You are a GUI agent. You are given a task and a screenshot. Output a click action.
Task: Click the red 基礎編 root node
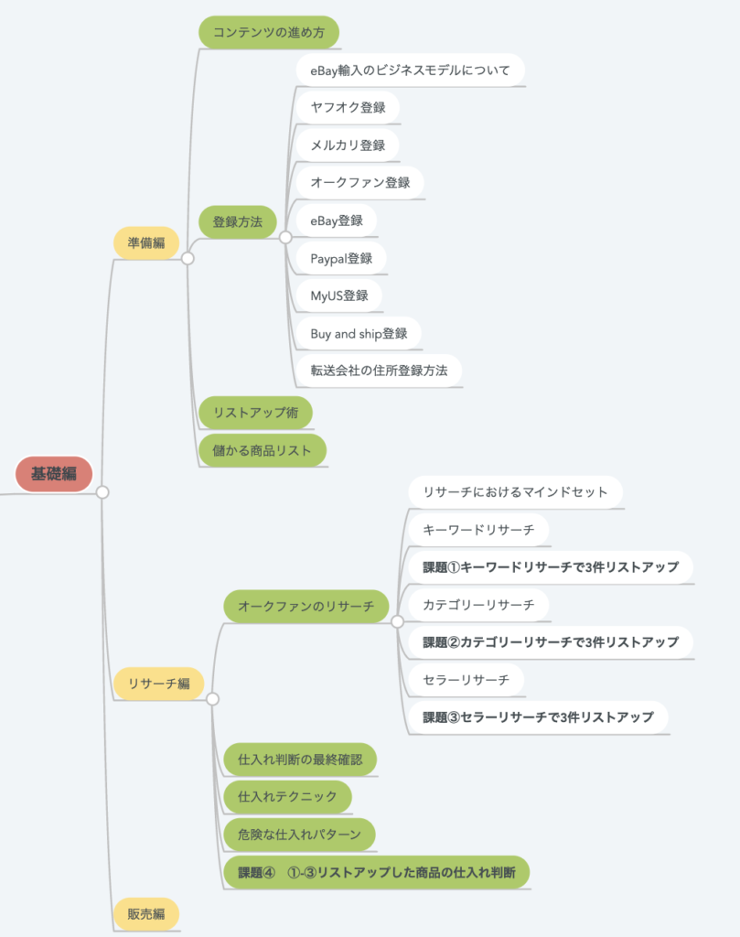coord(54,474)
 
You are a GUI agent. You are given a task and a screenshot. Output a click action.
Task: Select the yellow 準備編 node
coord(146,242)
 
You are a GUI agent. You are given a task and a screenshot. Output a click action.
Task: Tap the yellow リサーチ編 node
coord(158,684)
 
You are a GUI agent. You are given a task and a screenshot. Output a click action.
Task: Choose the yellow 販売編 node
coord(146,914)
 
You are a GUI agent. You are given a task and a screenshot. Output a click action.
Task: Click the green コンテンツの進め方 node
coord(269,33)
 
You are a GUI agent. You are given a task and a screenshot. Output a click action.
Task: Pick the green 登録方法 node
coord(238,221)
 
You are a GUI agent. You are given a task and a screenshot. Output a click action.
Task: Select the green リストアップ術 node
coord(255,413)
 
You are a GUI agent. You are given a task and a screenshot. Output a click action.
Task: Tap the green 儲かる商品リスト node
coord(263,450)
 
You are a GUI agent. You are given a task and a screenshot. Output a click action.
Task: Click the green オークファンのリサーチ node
coord(306,606)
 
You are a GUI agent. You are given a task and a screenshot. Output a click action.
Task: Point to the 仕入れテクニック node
coord(287,796)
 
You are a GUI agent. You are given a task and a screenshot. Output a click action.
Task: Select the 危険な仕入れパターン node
coord(299,834)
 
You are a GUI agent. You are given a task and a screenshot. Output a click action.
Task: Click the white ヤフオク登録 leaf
coord(348,107)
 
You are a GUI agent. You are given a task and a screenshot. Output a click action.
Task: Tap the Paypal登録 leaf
coord(341,258)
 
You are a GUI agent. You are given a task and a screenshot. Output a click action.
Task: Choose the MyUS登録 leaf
coord(338,296)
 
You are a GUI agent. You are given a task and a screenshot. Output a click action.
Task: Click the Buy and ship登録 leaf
coord(359,333)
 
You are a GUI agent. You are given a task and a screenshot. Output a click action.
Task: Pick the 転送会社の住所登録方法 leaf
coord(379,371)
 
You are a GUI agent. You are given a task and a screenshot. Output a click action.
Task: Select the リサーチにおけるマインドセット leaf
coord(515,491)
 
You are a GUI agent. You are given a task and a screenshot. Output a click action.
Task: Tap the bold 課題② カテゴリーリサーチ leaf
coord(550,641)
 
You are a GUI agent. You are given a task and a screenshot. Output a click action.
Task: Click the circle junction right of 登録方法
coord(285,237)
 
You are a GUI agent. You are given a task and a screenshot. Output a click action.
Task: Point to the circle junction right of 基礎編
coord(102,492)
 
